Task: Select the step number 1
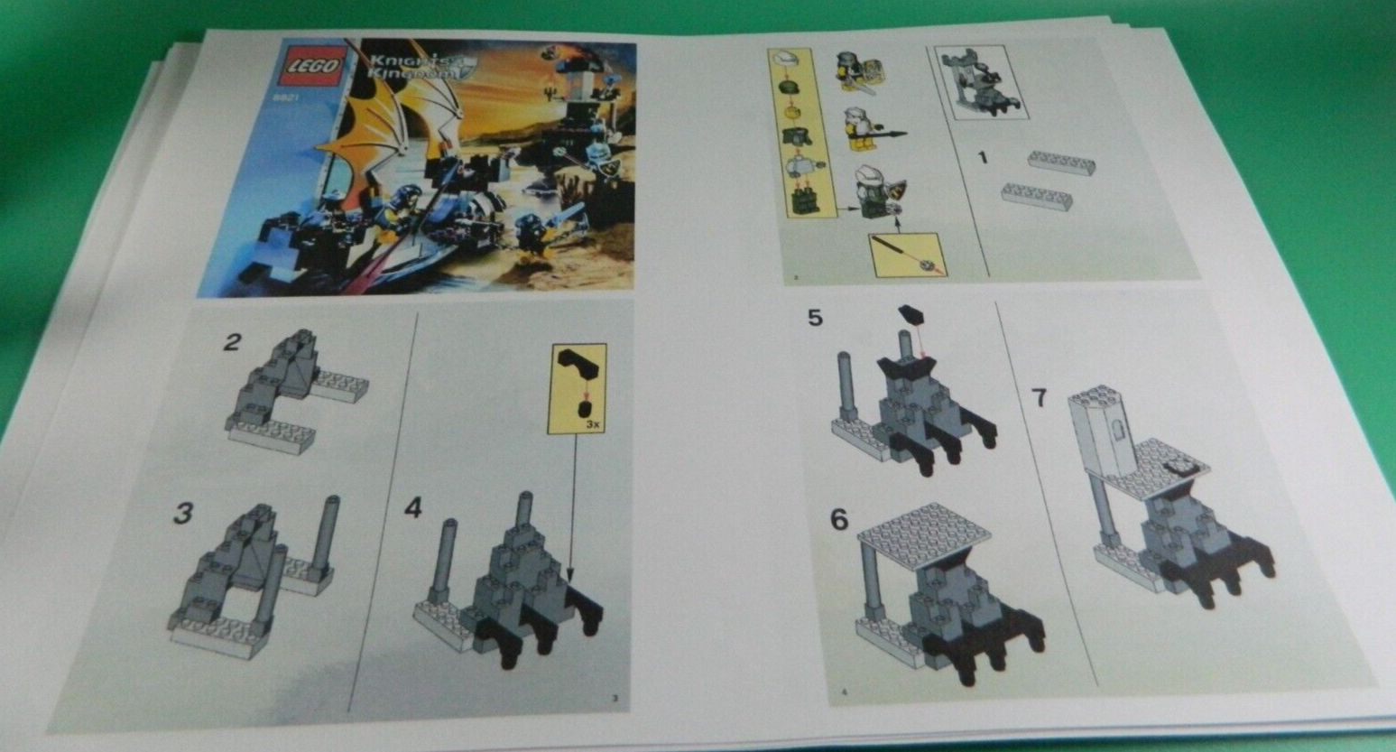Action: [x=983, y=158]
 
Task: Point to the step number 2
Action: [x=233, y=342]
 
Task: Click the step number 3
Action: [x=183, y=514]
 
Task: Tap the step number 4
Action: [x=412, y=508]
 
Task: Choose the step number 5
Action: [x=815, y=318]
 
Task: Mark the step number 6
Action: [x=839, y=520]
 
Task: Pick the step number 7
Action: [x=1039, y=396]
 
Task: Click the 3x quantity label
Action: [x=592, y=422]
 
